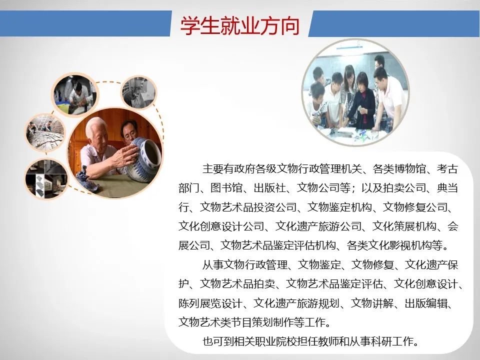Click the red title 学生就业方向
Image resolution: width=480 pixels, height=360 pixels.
(239, 25)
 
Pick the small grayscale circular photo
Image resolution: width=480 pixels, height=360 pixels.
(139, 92)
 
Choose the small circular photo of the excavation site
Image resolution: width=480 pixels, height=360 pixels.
(45, 132)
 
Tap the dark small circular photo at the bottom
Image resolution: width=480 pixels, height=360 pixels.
(46, 178)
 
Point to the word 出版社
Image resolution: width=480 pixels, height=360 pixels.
(269, 187)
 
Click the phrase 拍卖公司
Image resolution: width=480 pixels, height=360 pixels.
(404, 187)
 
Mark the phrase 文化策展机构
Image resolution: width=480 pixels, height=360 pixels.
(404, 226)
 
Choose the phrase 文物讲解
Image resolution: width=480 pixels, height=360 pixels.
(372, 303)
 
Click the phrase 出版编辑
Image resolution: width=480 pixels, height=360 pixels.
(426, 303)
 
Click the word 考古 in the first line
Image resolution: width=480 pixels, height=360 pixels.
(447, 168)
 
